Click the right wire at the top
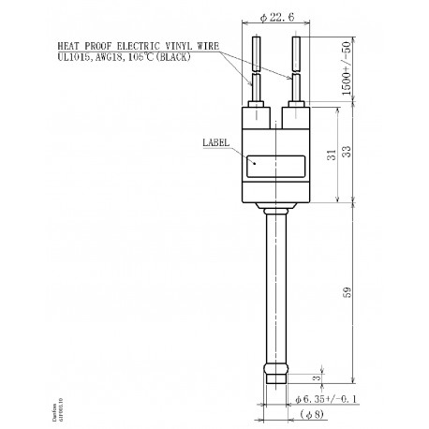tap(295, 56)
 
